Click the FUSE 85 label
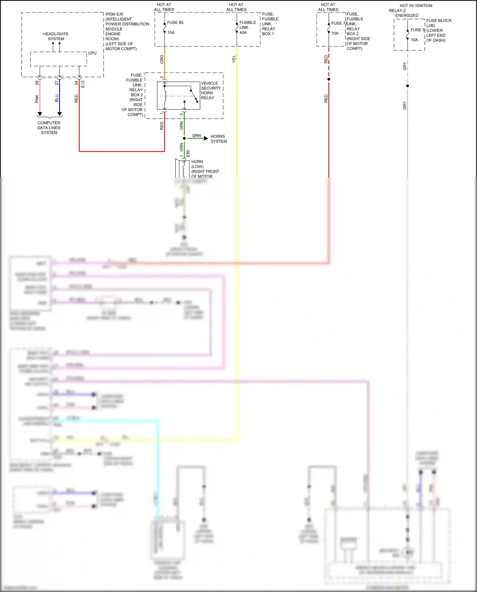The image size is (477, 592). click(175, 23)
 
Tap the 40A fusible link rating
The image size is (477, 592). click(243, 32)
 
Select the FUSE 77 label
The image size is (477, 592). click(339, 23)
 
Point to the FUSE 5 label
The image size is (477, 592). click(418, 30)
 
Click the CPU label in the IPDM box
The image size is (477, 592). click(92, 53)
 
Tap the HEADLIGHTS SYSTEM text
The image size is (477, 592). click(56, 36)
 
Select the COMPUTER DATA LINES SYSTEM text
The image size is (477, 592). click(49, 128)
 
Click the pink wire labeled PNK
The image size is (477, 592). click(40, 99)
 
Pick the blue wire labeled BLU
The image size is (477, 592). click(59, 99)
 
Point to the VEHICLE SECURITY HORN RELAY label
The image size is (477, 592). click(211, 90)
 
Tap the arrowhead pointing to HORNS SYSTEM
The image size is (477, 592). click(206, 138)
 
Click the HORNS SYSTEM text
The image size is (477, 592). click(218, 139)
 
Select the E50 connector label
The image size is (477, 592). click(188, 153)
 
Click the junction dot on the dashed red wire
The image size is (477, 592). click(329, 79)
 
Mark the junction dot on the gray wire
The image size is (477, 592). click(407, 86)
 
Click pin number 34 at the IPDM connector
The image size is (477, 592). click(76, 83)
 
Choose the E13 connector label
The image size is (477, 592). click(83, 84)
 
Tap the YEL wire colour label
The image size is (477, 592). click(234, 59)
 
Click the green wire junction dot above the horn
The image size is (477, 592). click(184, 138)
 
